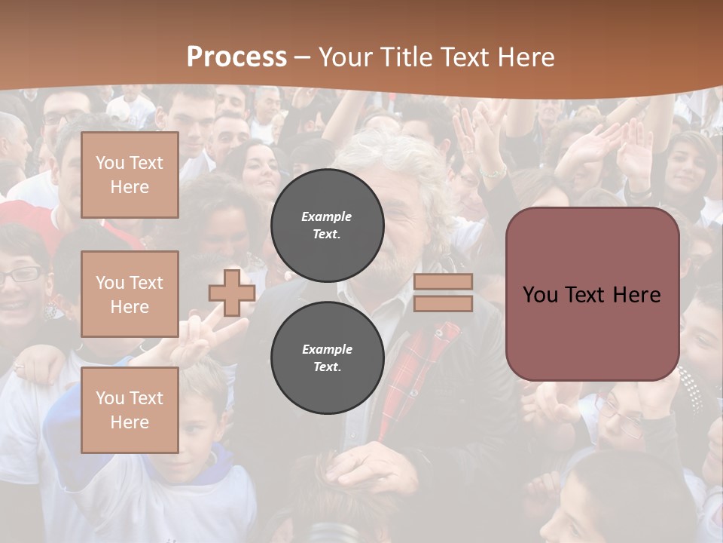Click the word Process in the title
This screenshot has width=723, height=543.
coord(236,57)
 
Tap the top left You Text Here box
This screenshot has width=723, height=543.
coord(130,175)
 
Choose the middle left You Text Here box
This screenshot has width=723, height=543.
coord(130,294)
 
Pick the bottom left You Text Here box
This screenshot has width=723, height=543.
coord(130,410)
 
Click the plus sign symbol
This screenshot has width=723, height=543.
coord(232,293)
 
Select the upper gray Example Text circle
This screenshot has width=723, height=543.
coord(327,225)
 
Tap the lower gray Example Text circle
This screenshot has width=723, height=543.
coord(327,358)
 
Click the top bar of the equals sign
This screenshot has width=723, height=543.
coord(444,282)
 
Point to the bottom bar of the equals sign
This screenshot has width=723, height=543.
coord(444,304)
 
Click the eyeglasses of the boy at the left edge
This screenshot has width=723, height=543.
coord(20,275)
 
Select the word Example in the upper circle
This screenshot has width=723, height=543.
coord(327,216)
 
